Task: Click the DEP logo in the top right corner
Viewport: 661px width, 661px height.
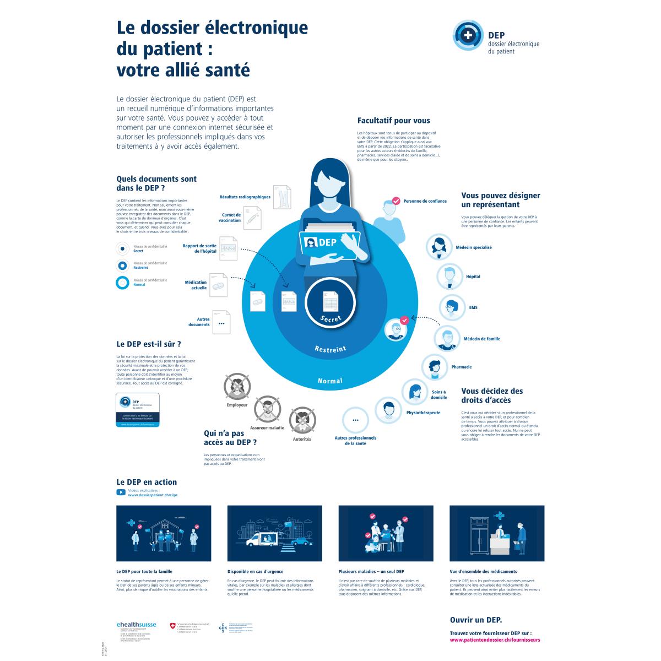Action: [x=468, y=35]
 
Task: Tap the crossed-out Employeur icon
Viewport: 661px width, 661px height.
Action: [x=237, y=386]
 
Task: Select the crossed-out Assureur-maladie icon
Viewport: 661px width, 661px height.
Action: [x=267, y=408]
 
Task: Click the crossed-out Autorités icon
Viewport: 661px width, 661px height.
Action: [x=302, y=420]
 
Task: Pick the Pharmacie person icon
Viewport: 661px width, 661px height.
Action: [x=435, y=367]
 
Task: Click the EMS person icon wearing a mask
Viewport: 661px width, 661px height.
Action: [x=452, y=307]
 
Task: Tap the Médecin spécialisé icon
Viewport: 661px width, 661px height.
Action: [x=440, y=247]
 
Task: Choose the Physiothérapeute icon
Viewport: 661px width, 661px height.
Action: [x=389, y=410]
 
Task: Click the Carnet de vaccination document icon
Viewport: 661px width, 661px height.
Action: [x=252, y=218]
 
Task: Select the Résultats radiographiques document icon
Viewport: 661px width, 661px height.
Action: [x=281, y=197]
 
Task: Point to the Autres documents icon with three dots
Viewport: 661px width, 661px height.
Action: [x=221, y=323]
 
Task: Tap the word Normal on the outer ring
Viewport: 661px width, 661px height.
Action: [x=330, y=381]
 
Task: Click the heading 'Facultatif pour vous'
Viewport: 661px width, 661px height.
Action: [x=394, y=121]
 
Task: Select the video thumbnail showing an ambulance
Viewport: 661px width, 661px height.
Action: [x=274, y=533]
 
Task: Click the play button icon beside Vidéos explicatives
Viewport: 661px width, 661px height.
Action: [x=121, y=492]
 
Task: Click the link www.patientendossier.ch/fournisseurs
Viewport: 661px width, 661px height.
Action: [x=495, y=640]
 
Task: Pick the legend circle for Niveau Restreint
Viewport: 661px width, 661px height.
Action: [x=122, y=266]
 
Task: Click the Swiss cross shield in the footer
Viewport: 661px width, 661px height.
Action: [x=173, y=626]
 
